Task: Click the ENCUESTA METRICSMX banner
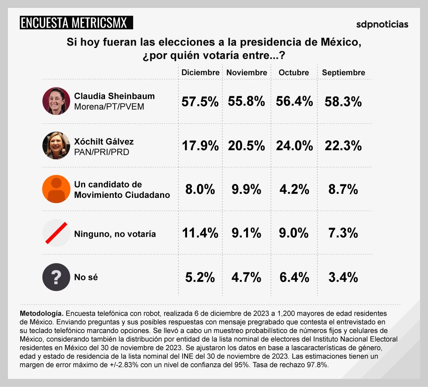pyautogui.click(x=76, y=23)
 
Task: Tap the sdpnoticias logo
pyautogui.click(x=382, y=24)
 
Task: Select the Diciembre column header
pyautogui.click(x=200, y=73)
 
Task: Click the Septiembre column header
pyautogui.click(x=343, y=73)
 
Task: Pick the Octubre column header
pyautogui.click(x=294, y=73)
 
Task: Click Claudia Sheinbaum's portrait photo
pyautogui.click(x=56, y=101)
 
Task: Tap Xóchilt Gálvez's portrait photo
pyautogui.click(x=56, y=146)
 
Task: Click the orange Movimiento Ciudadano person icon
pyautogui.click(x=56, y=189)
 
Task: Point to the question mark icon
pyautogui.click(x=56, y=277)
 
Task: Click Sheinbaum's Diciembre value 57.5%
pyautogui.click(x=200, y=102)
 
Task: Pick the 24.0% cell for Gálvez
pyautogui.click(x=294, y=146)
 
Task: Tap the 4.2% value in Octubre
pyautogui.click(x=294, y=190)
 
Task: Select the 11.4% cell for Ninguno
pyautogui.click(x=200, y=233)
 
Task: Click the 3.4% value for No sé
pyautogui.click(x=343, y=277)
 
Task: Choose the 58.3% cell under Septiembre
pyautogui.click(x=343, y=102)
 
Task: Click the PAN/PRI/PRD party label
pyautogui.click(x=101, y=152)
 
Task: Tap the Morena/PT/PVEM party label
pyautogui.click(x=109, y=107)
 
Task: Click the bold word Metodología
pyautogui.click(x=40, y=313)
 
